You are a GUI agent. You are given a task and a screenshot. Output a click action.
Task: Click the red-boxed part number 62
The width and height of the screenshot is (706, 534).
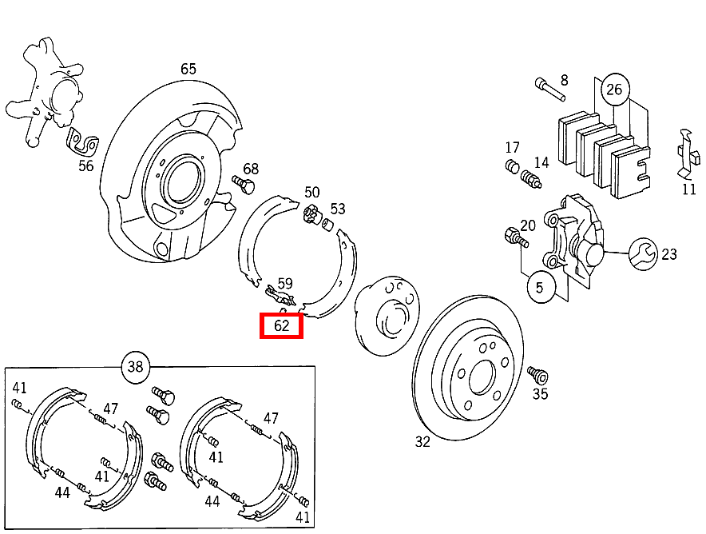click(281, 325)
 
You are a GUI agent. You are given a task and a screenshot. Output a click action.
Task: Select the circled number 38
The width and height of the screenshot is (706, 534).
click(135, 367)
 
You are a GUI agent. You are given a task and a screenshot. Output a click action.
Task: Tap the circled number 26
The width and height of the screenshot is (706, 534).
click(613, 89)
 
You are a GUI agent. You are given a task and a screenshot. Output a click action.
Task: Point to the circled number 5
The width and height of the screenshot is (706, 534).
click(540, 288)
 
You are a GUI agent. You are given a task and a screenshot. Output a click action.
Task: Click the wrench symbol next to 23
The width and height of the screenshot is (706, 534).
click(643, 254)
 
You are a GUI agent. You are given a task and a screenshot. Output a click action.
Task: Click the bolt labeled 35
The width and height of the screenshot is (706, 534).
click(536, 374)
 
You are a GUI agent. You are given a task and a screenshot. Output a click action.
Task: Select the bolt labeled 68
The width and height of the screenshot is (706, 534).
click(242, 184)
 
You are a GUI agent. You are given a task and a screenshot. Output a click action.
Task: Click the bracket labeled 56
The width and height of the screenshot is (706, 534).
click(81, 144)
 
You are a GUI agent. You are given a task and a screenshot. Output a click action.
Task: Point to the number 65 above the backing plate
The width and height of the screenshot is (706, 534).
click(188, 69)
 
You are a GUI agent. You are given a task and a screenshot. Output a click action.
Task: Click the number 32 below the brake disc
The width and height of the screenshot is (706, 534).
click(422, 441)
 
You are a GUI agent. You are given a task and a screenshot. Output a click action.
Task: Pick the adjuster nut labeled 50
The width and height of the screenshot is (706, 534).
click(311, 213)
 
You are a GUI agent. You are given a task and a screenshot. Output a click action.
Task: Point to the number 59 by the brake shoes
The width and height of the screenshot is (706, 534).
click(285, 283)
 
